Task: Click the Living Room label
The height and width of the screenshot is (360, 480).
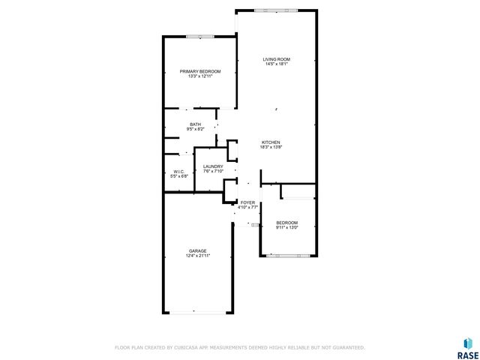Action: click(276, 59)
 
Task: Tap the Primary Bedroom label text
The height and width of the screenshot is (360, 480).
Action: click(199, 71)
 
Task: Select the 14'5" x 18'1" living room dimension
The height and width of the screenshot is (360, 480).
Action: click(276, 64)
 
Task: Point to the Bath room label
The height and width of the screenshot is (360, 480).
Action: click(195, 124)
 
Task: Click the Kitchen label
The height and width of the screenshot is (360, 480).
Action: click(271, 142)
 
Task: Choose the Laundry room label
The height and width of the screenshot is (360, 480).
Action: click(214, 166)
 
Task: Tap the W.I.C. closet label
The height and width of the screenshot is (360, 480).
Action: click(179, 171)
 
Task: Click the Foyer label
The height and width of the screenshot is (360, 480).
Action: click(247, 202)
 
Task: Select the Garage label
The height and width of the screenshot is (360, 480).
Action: click(198, 251)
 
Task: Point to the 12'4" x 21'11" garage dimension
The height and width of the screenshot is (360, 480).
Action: click(198, 256)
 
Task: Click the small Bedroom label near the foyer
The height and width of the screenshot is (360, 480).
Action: click(286, 223)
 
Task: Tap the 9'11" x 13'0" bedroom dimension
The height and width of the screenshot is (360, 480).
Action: click(286, 228)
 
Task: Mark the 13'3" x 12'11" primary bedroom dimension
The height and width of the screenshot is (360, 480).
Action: click(199, 76)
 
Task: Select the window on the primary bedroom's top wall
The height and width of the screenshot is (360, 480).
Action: click(200, 36)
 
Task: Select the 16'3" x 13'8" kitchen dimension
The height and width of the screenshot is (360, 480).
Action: click(271, 148)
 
